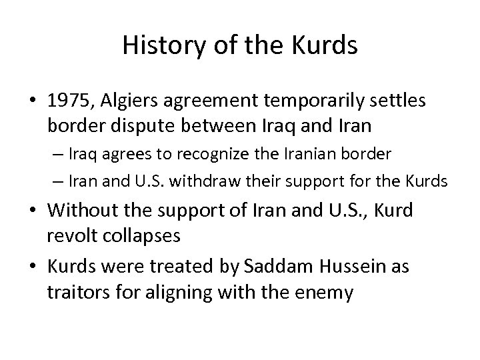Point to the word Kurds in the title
tap(325, 45)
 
